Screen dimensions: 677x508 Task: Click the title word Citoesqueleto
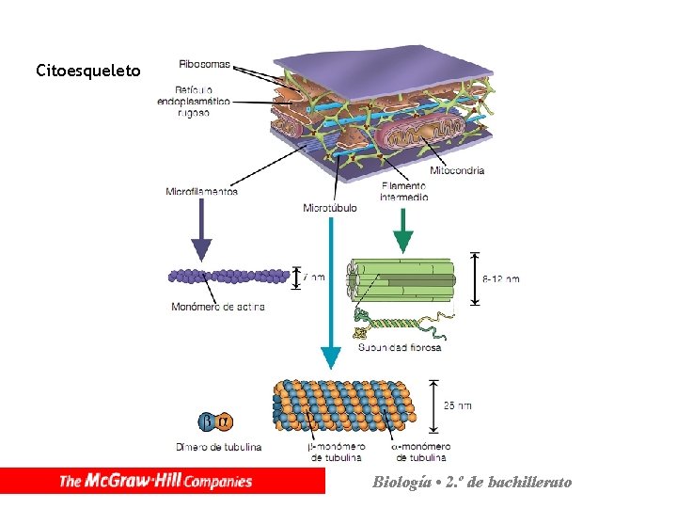(x=88, y=71)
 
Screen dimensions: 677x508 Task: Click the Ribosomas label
(x=204, y=64)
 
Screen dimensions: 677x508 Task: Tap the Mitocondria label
(x=457, y=170)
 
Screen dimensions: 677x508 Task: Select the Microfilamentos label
(x=201, y=191)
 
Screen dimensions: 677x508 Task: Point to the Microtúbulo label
(x=330, y=208)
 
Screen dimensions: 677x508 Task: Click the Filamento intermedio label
(x=404, y=191)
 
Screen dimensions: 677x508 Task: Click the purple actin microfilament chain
(x=229, y=277)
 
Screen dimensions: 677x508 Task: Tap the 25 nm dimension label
(x=458, y=405)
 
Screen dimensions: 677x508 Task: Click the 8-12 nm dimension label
(x=500, y=278)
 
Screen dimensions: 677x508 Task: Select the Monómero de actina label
(x=218, y=306)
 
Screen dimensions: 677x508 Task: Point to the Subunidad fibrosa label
(x=400, y=347)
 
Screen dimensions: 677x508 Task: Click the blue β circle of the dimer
(x=207, y=421)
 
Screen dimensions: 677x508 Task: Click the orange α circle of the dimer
(x=223, y=421)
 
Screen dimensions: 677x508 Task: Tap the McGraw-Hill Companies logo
(x=156, y=481)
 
